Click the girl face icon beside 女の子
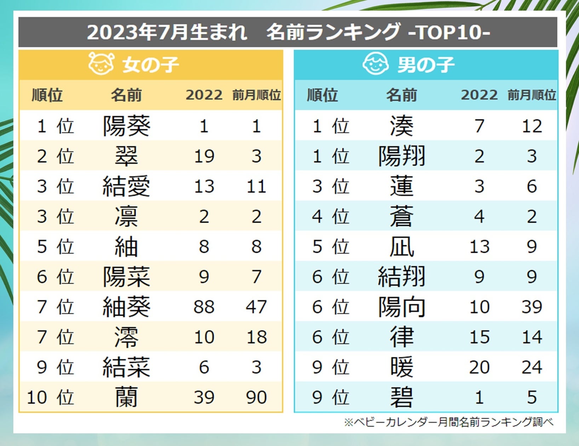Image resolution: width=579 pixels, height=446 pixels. click(101, 64)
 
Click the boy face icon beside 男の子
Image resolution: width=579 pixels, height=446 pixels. click(376, 64)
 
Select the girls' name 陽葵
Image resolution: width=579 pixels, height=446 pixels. click(126, 126)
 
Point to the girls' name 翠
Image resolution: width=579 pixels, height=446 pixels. click(126, 156)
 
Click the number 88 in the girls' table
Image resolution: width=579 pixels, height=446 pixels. click(204, 307)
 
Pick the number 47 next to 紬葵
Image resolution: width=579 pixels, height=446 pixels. click(256, 307)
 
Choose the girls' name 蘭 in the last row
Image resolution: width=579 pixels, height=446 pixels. click(126, 397)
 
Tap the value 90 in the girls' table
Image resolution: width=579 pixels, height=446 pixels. click(256, 397)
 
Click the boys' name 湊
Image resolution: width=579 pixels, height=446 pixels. click(401, 126)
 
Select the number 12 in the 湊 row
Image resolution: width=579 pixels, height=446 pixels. click(532, 126)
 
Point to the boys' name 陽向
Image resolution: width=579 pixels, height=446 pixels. click(401, 307)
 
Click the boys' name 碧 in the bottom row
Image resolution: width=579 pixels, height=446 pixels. click(401, 397)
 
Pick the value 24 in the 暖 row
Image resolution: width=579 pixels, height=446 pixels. click(532, 367)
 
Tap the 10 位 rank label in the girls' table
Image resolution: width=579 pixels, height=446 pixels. click(50, 397)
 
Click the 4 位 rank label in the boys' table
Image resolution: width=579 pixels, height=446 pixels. click(331, 216)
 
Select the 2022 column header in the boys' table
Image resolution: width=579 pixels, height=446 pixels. click(479, 95)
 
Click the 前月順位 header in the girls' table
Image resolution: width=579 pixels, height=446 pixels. click(256, 95)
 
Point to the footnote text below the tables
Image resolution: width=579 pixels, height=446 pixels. click(448, 422)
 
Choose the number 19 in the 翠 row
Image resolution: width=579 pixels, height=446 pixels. click(204, 156)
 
